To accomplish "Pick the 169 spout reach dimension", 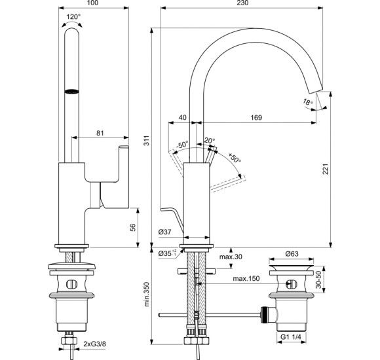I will point(256,118).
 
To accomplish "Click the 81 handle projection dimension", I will point(100,133).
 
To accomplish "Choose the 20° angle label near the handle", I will point(209,140).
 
